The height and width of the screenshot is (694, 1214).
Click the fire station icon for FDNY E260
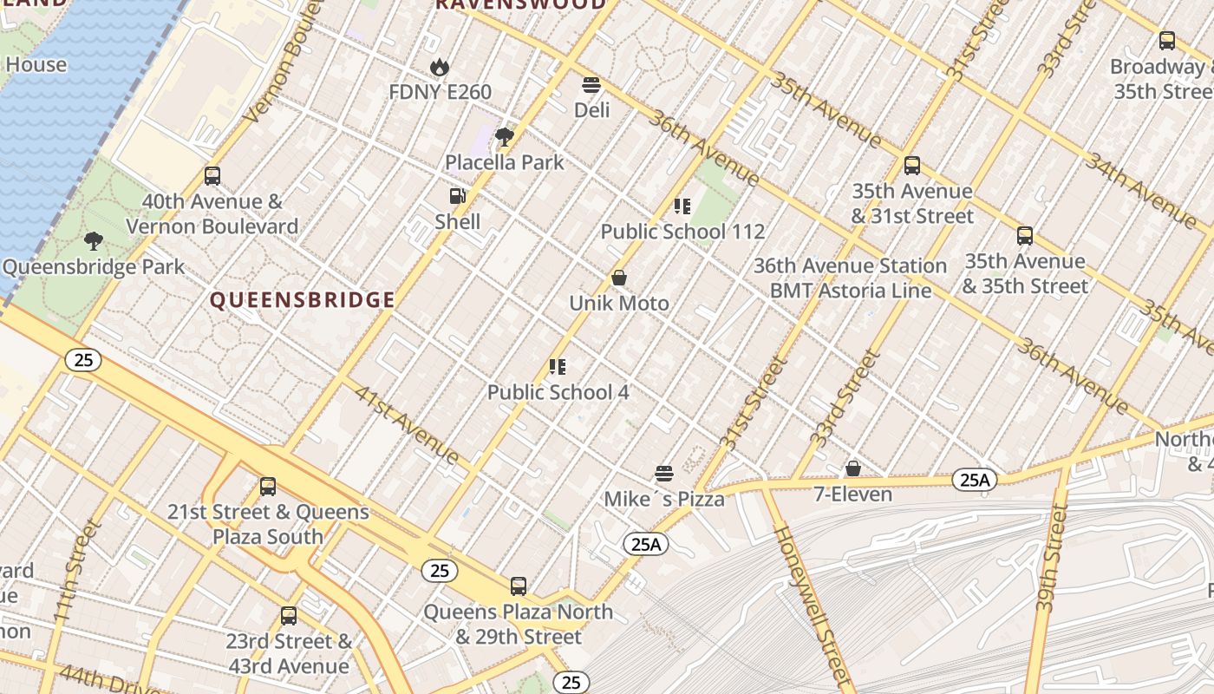[440, 67]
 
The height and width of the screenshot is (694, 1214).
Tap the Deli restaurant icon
[591, 85]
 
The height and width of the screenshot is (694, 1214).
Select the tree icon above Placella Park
[504, 137]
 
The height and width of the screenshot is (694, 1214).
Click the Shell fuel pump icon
[457, 197]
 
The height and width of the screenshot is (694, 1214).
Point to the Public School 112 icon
[682, 206]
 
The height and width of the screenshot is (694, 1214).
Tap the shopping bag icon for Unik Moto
[619, 278]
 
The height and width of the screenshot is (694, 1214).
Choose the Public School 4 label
[558, 392]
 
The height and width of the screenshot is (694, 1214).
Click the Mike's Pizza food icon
[664, 474]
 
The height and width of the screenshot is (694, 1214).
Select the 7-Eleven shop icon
[853, 468]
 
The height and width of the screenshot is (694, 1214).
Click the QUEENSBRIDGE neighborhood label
[303, 300]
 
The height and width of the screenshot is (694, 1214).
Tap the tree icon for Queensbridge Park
[94, 241]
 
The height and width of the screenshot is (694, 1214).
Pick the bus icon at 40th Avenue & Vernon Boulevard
[212, 176]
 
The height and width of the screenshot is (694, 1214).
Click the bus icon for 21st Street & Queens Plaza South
[268, 487]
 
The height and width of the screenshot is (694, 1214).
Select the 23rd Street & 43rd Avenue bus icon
[289, 616]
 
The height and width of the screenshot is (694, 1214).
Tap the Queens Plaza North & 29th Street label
[518, 625]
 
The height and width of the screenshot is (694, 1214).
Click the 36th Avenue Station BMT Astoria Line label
[850, 278]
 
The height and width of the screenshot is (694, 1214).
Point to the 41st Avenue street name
[407, 423]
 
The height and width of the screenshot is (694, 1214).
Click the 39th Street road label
[1051, 560]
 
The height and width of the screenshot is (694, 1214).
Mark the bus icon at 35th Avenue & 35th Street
[1025, 236]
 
